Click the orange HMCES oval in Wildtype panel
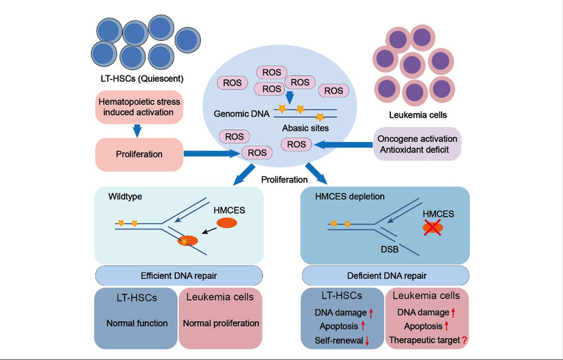[x=226, y=223]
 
